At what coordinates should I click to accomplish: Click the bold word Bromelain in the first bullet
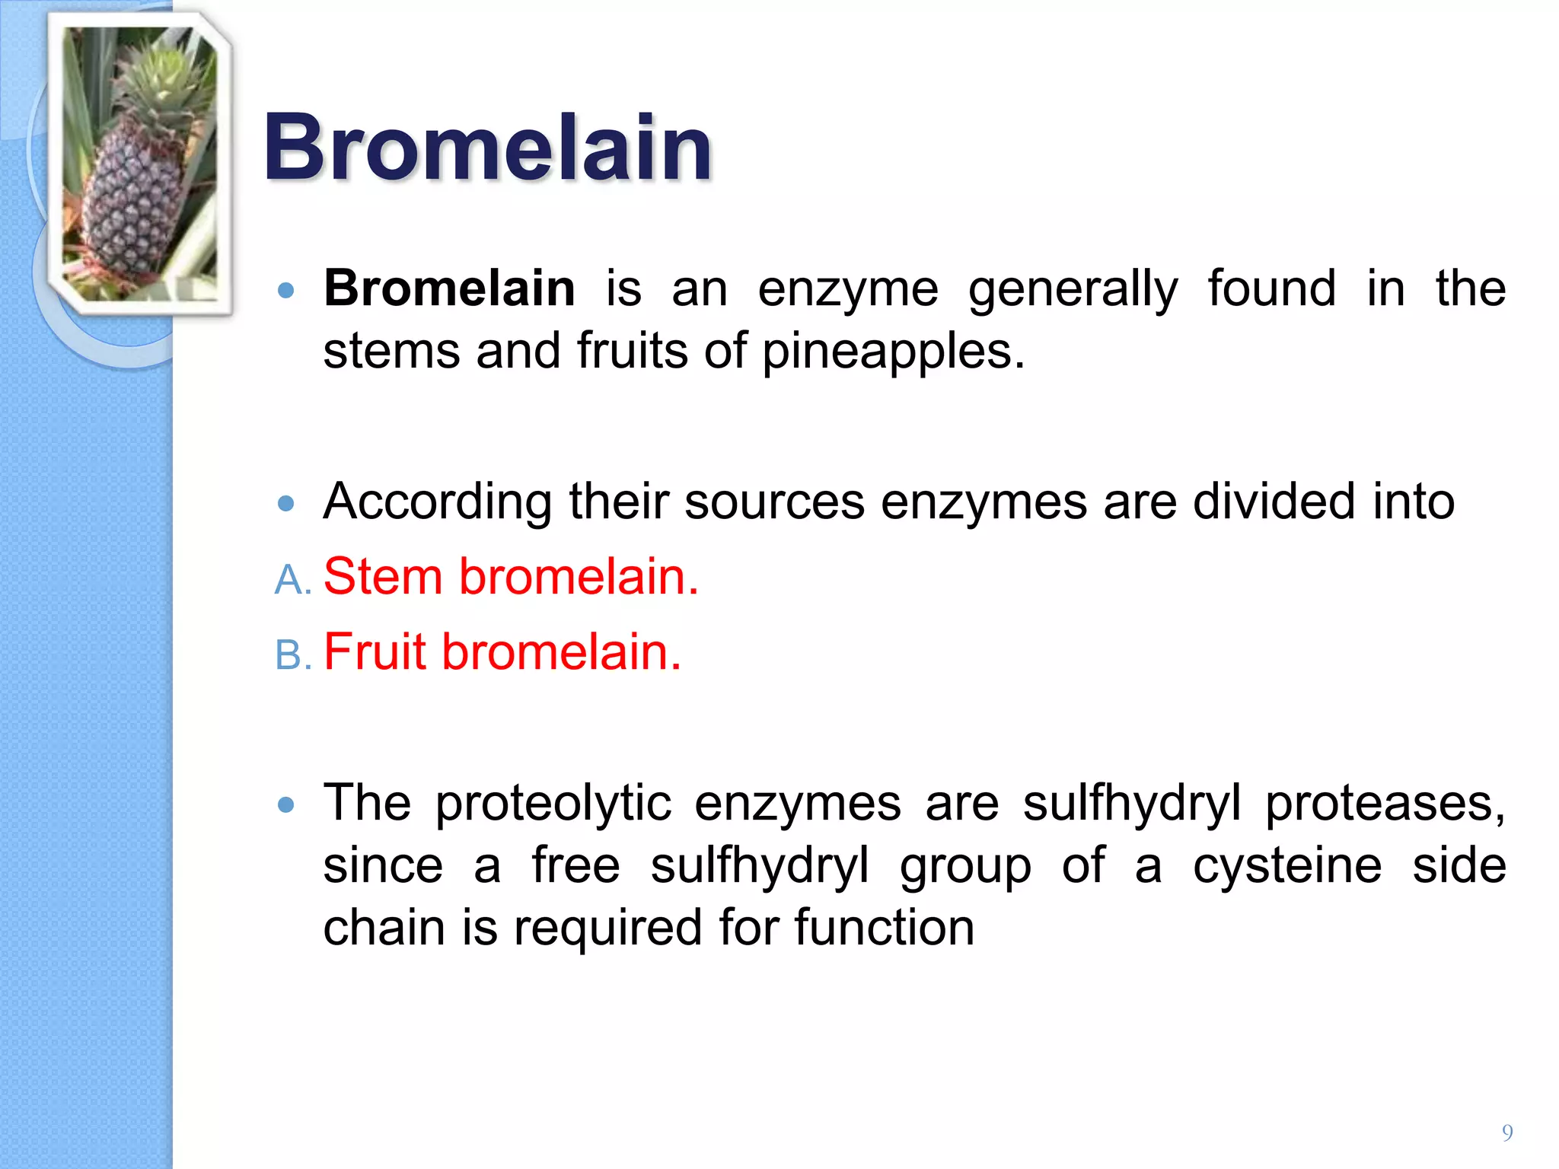(449, 288)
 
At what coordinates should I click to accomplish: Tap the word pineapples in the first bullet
(892, 352)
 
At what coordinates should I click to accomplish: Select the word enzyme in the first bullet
(847, 290)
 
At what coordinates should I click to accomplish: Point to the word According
(437, 502)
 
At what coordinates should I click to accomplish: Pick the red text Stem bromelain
(510, 576)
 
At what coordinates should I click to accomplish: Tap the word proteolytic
(553, 804)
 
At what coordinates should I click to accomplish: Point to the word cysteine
(1286, 866)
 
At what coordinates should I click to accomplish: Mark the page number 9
(1506, 1132)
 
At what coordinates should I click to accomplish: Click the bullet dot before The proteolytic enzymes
(286, 805)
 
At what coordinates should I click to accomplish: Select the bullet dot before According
(286, 503)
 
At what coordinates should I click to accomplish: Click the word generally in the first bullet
(1073, 290)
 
